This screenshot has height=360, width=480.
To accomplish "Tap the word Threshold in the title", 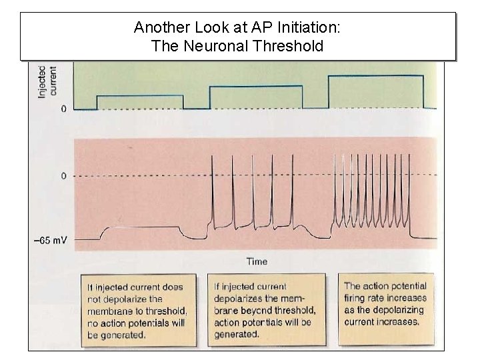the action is click(x=289, y=46).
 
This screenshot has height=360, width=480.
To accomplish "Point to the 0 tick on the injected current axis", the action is click(x=63, y=109).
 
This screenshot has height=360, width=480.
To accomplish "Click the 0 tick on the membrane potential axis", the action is click(x=63, y=176).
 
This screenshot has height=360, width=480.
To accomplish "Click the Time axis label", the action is click(x=257, y=261).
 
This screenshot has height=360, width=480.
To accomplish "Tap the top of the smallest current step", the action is click(x=140, y=96).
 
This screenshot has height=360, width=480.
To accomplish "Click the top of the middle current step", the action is click(x=256, y=87).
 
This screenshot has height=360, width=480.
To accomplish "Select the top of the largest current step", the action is click(x=375, y=76).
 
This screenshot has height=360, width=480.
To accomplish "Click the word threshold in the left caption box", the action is click(x=164, y=311).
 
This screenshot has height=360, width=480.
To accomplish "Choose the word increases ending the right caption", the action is click(x=398, y=322).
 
